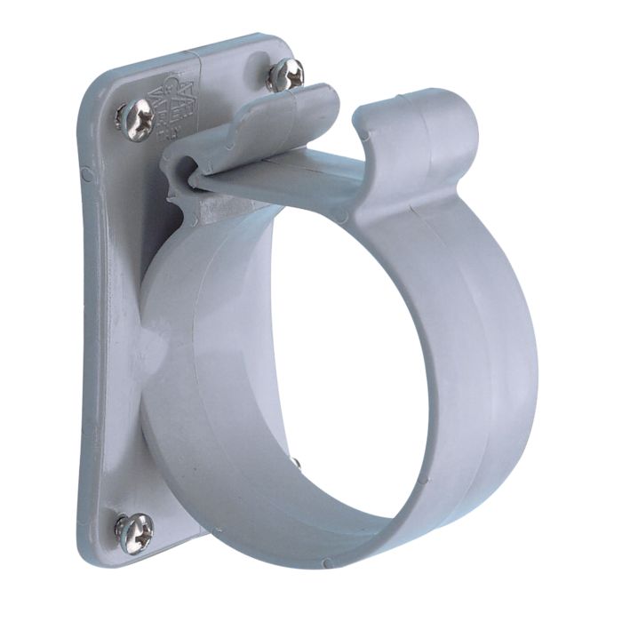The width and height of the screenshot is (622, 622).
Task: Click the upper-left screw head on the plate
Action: point(136,119)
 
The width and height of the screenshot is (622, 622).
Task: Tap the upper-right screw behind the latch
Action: point(284,74)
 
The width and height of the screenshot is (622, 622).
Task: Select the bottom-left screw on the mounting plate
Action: point(133,532)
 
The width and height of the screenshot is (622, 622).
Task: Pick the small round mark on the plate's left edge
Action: point(86,174)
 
